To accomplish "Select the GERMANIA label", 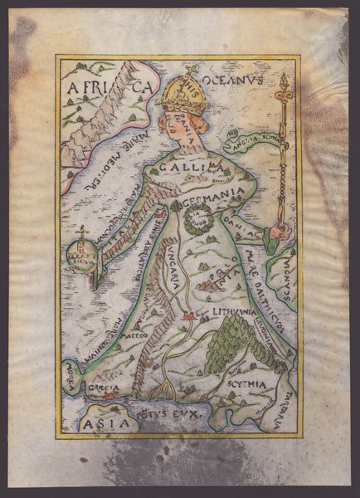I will (213, 193).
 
